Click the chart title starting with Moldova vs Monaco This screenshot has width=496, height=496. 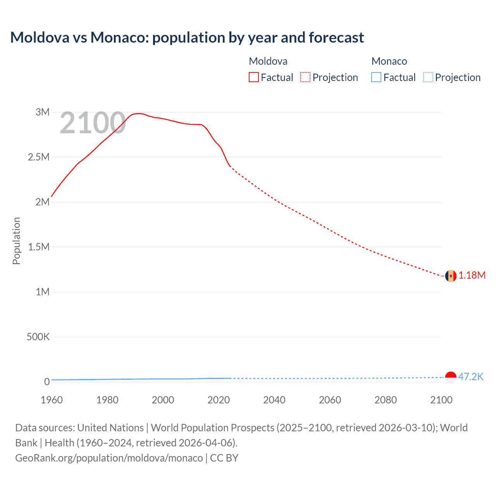tap(187, 38)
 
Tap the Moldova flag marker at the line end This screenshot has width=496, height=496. tap(451, 276)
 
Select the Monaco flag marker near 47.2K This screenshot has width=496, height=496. tap(451, 377)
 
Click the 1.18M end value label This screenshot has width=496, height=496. tap(472, 276)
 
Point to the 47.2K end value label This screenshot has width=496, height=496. tap(470, 377)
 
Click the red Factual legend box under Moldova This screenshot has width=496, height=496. tap(254, 77)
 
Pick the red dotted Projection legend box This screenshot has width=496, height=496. tap(305, 77)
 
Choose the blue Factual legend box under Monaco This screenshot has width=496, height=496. tap(376, 77)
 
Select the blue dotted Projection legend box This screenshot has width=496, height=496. tap(428, 77)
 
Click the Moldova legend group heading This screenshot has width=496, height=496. tap(268, 61)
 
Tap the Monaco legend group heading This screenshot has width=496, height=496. tap(389, 61)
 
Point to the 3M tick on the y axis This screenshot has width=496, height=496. tap(43, 112)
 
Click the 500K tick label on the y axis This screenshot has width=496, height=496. tap(38, 337)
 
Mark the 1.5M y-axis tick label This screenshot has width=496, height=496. tap(39, 247)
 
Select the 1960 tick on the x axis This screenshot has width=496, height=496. tap(52, 400)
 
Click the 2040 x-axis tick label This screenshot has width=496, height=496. tap(274, 400)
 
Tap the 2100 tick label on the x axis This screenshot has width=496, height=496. tap(441, 400)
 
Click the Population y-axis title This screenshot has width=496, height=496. tap(16, 241)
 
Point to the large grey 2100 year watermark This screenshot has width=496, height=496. tap(93, 123)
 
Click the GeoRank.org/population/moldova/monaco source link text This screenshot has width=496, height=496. tap(109, 458)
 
